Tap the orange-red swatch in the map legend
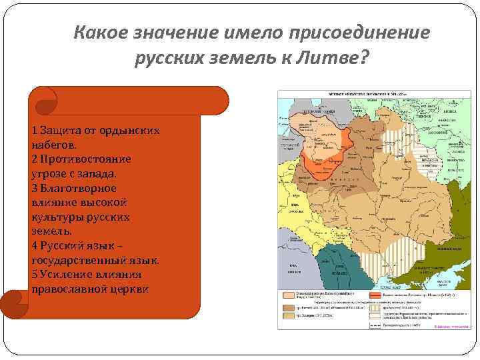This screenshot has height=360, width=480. [x=378, y=294]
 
